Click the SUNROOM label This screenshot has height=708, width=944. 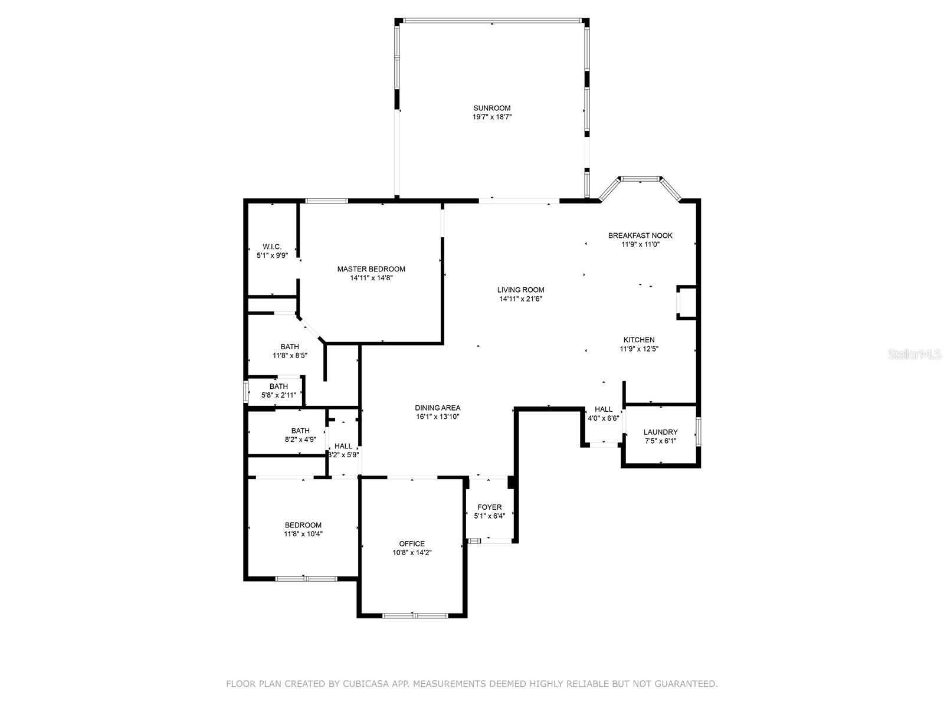[x=491, y=108]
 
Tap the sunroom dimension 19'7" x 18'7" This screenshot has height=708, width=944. [x=491, y=117]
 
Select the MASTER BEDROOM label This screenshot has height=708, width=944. [x=371, y=269]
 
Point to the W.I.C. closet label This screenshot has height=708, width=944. [x=272, y=247]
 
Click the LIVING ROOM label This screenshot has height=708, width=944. [x=520, y=290]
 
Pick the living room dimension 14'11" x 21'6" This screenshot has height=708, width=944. [x=520, y=299]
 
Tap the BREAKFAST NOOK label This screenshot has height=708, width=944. [x=640, y=235]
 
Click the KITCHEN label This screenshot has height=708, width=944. [x=638, y=340]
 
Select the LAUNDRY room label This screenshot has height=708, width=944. [x=660, y=432]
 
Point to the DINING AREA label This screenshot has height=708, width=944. [x=437, y=408]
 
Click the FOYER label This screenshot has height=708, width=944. [x=489, y=507]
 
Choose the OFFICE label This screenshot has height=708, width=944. [x=412, y=544]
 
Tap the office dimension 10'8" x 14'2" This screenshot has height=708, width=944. [x=412, y=553]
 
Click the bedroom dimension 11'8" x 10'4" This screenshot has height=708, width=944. [x=303, y=534]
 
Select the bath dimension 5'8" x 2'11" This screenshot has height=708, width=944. [x=278, y=395]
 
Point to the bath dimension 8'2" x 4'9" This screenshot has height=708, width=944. [x=300, y=440]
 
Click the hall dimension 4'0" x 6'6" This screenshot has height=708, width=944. [x=603, y=418]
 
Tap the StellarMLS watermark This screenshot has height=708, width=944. [x=914, y=354]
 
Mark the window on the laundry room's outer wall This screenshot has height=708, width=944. [x=698, y=431]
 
